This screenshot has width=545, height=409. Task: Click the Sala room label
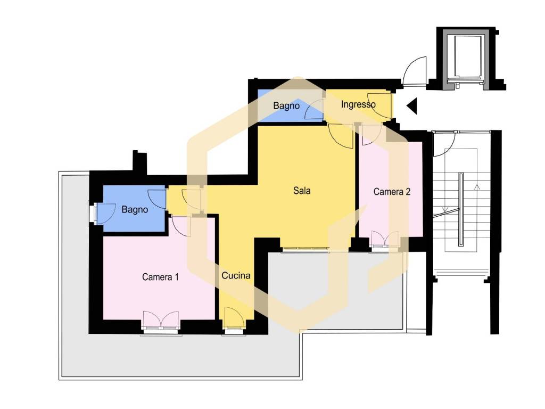302,191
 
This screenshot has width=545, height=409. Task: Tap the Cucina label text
236,275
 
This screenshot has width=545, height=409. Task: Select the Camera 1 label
160,277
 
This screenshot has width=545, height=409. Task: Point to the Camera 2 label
392,192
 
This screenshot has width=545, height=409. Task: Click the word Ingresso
358,104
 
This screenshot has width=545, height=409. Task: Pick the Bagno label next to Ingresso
286,105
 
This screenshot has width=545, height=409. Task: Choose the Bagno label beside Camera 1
135,209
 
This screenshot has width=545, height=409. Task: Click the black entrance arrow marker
412,106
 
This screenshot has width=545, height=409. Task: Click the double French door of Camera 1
161,320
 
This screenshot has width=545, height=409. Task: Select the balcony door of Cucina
234,318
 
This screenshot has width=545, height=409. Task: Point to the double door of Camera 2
385,240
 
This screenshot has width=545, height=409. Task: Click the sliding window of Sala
305,248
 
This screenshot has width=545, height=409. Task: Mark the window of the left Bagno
94,214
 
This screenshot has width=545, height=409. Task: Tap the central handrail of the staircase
461,209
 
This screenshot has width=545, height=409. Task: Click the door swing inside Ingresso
379,106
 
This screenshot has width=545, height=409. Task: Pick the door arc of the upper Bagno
314,109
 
